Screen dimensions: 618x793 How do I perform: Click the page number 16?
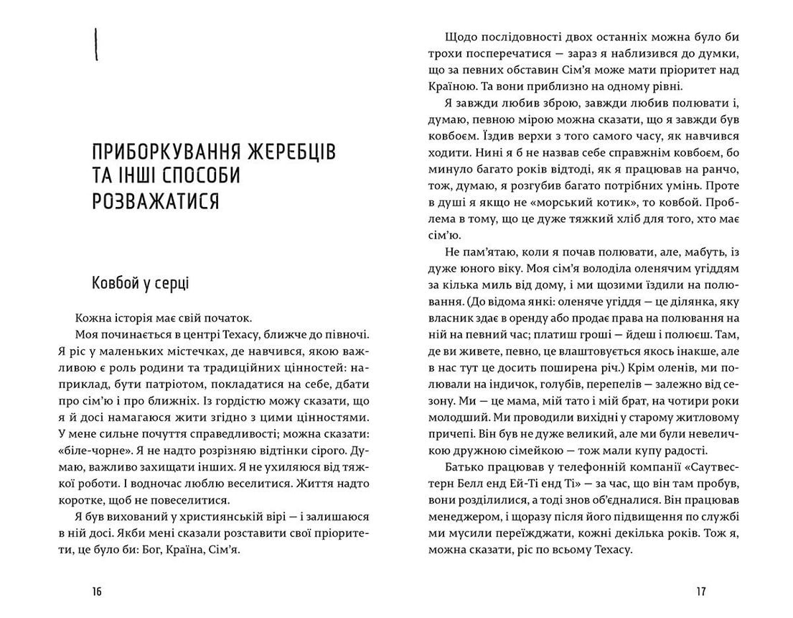[97, 591]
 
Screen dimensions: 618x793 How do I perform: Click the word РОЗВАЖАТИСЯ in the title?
[156, 201]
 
